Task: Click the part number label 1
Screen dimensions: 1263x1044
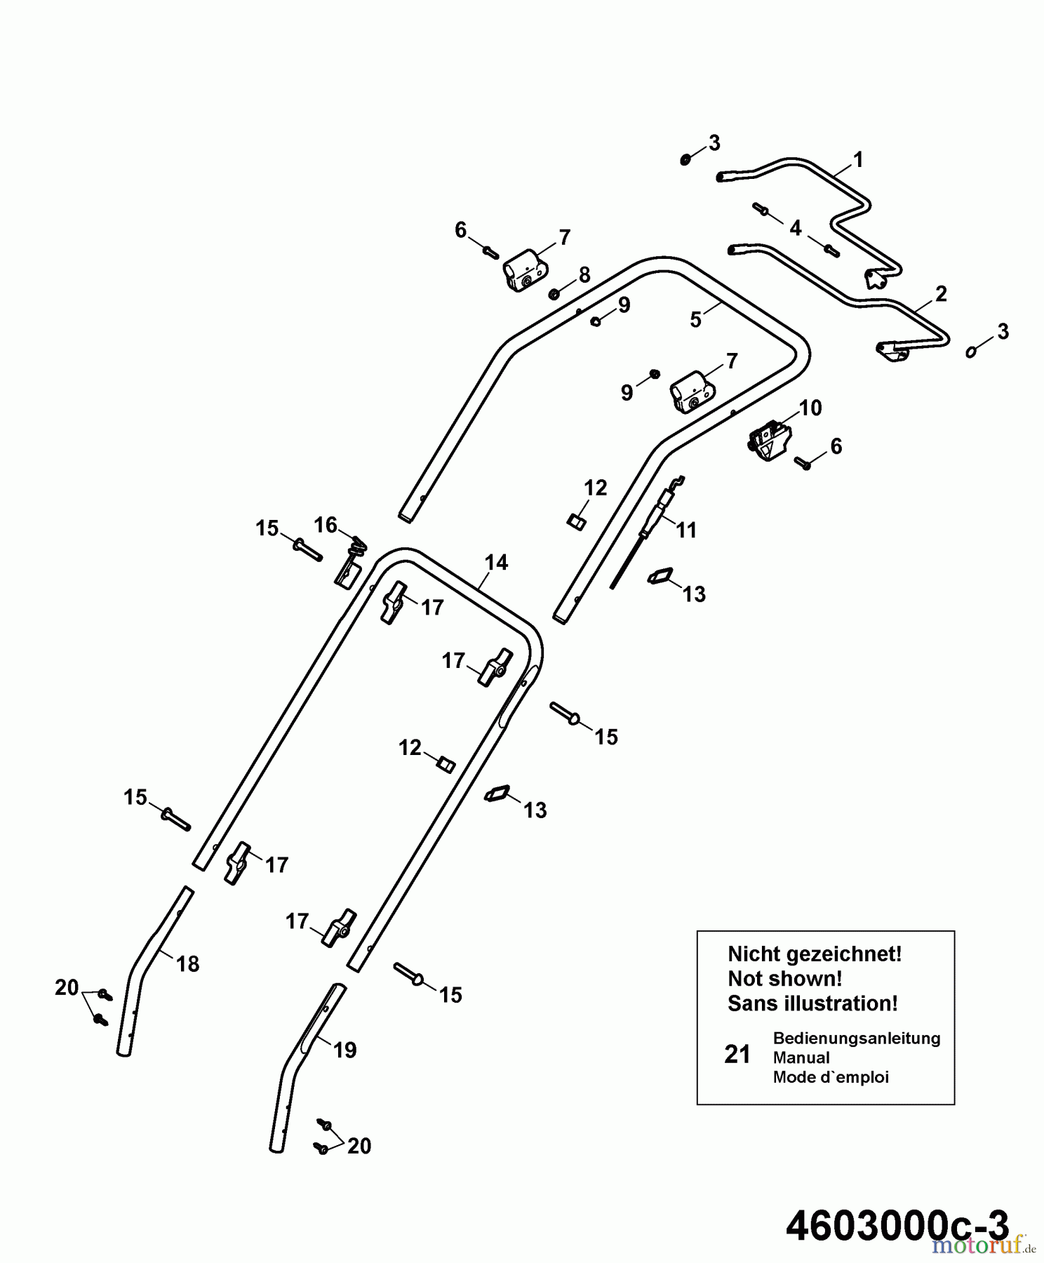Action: [x=857, y=161]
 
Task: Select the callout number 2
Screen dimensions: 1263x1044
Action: [x=941, y=294]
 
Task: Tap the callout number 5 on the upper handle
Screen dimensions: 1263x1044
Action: [x=695, y=320]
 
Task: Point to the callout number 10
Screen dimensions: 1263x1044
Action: [x=810, y=408]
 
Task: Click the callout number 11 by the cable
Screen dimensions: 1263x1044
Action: [x=686, y=530]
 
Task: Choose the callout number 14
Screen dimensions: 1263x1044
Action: [x=496, y=563]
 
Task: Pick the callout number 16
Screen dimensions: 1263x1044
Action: [x=326, y=525]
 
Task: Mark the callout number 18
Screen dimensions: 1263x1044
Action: [x=188, y=964]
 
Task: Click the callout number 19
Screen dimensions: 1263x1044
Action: [x=344, y=1050]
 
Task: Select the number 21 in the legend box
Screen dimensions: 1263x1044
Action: [x=737, y=1055]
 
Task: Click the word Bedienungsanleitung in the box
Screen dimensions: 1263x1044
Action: [x=856, y=1038]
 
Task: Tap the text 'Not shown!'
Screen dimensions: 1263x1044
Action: [x=784, y=978]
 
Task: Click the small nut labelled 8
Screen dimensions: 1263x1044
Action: [x=553, y=293]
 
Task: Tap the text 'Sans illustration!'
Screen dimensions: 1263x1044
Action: [x=812, y=1003]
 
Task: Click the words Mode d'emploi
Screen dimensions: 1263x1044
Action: [x=830, y=1077]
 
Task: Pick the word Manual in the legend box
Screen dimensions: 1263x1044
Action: [x=801, y=1057]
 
